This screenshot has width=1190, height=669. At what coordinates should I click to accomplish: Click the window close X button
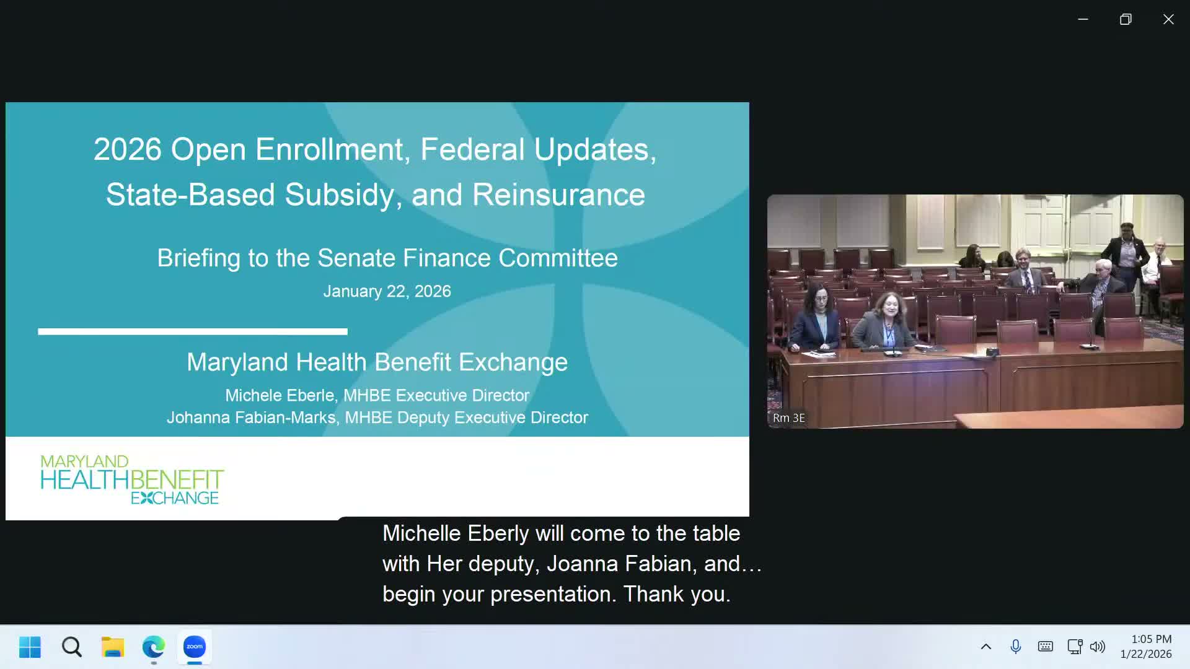1168,19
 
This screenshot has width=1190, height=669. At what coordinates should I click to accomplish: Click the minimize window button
1083,19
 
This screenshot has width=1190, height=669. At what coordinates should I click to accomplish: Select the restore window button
1126,19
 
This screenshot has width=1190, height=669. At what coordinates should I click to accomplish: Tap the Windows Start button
30,647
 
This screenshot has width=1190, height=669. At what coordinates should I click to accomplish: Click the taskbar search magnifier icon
72,647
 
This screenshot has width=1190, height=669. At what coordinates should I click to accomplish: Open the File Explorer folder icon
113,647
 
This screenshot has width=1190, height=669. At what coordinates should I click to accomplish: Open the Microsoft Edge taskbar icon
153,647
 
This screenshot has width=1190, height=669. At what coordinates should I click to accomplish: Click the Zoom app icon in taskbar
195,647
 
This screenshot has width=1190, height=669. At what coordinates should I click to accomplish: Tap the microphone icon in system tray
1015,647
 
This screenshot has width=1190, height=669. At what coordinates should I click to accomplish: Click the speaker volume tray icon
1097,647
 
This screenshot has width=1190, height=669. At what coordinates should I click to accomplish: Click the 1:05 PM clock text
1151,639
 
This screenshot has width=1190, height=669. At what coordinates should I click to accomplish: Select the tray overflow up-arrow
985,647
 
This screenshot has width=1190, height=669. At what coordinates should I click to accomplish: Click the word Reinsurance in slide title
558,195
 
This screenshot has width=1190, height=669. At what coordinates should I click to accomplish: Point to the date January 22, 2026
387,291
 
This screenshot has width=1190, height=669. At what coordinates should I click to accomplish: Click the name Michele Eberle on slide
280,395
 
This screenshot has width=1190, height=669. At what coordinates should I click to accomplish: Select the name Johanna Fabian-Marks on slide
251,418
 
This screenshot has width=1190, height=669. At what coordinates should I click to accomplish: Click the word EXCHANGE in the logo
175,498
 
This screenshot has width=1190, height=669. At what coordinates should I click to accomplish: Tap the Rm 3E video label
788,418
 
